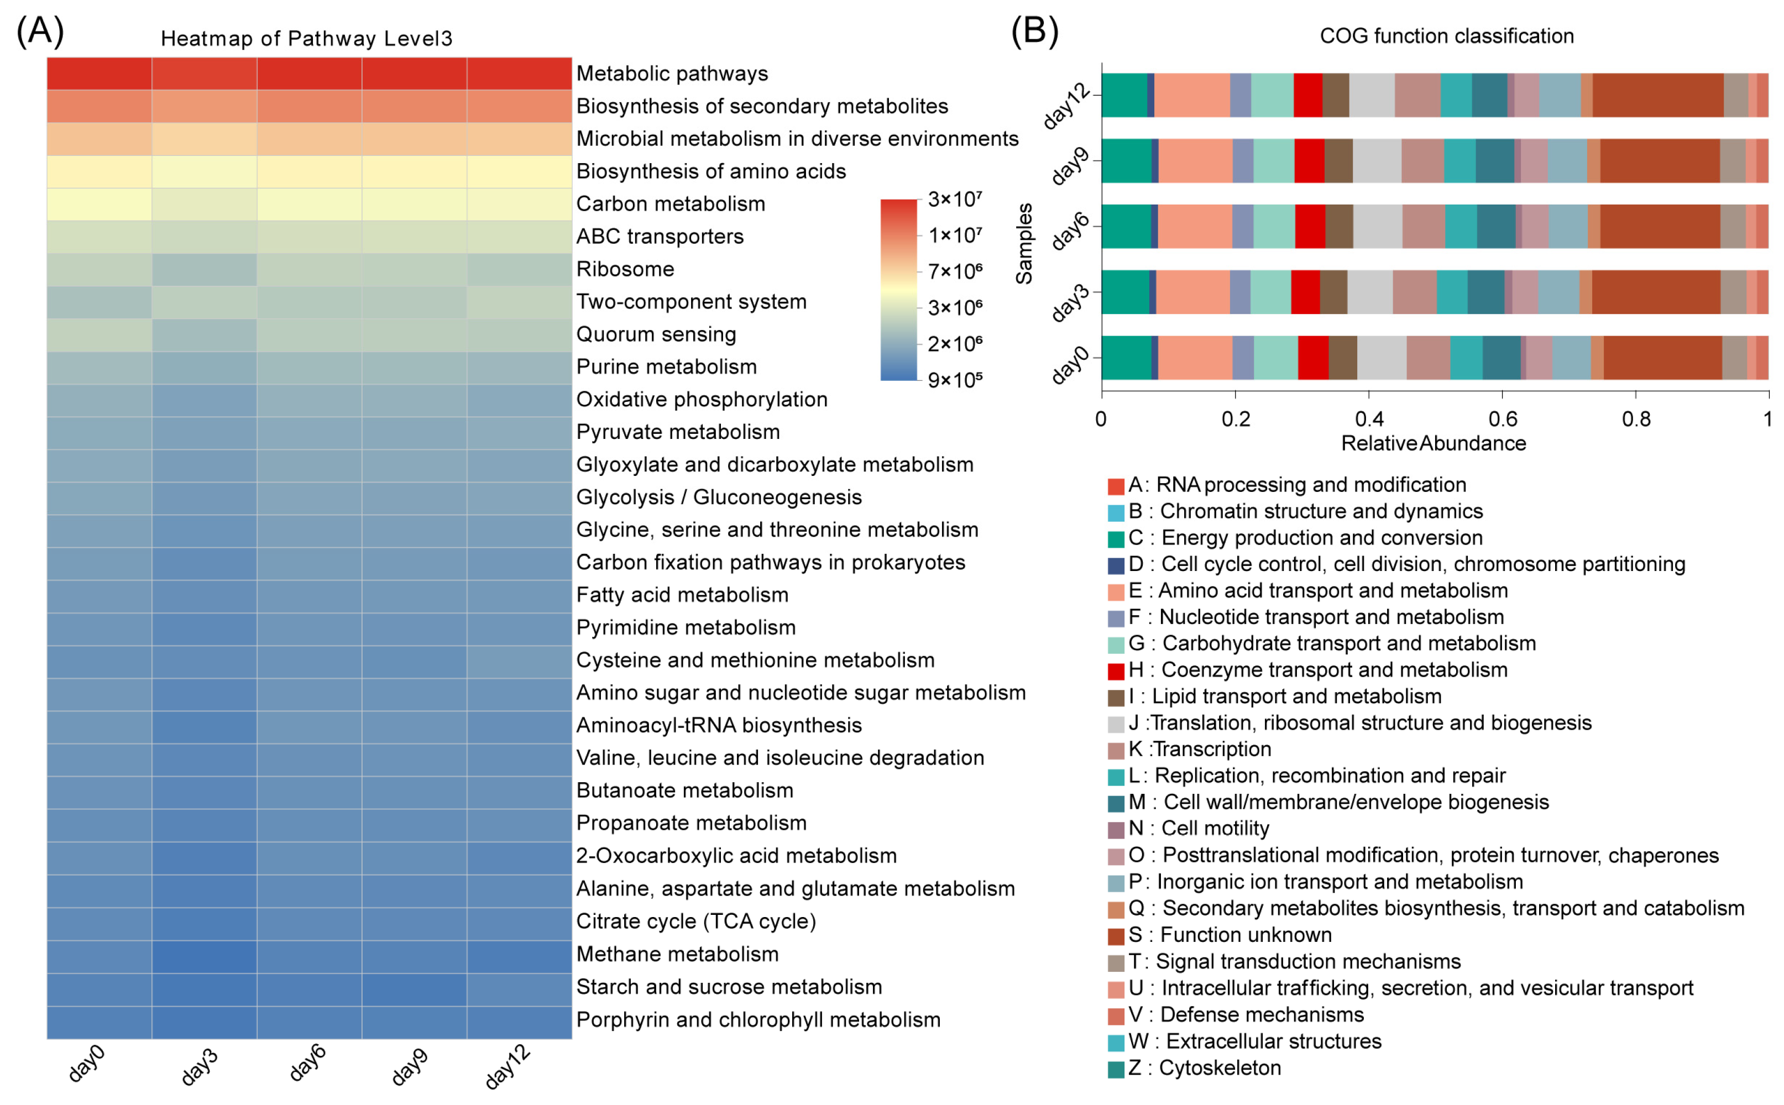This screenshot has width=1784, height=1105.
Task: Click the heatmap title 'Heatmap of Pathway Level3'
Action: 306,38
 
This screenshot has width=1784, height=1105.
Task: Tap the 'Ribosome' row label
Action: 625,269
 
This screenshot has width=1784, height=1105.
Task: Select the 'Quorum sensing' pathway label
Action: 656,334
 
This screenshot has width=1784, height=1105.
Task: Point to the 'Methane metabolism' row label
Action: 677,954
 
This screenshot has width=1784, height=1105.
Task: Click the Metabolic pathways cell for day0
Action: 100,73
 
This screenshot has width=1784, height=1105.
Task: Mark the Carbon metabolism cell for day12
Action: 519,204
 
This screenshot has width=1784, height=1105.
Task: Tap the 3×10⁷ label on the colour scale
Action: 955,199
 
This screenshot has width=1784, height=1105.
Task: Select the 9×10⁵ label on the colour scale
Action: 955,380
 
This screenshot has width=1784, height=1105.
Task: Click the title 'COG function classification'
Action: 1446,36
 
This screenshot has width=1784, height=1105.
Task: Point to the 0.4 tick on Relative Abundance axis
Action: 1369,419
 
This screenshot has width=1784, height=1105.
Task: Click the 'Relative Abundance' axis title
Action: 1433,444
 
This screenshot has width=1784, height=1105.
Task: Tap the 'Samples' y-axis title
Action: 1024,243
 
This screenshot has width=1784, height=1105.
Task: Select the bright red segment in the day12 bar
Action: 1307,95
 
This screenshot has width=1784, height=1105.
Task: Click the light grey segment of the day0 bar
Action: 1382,358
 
